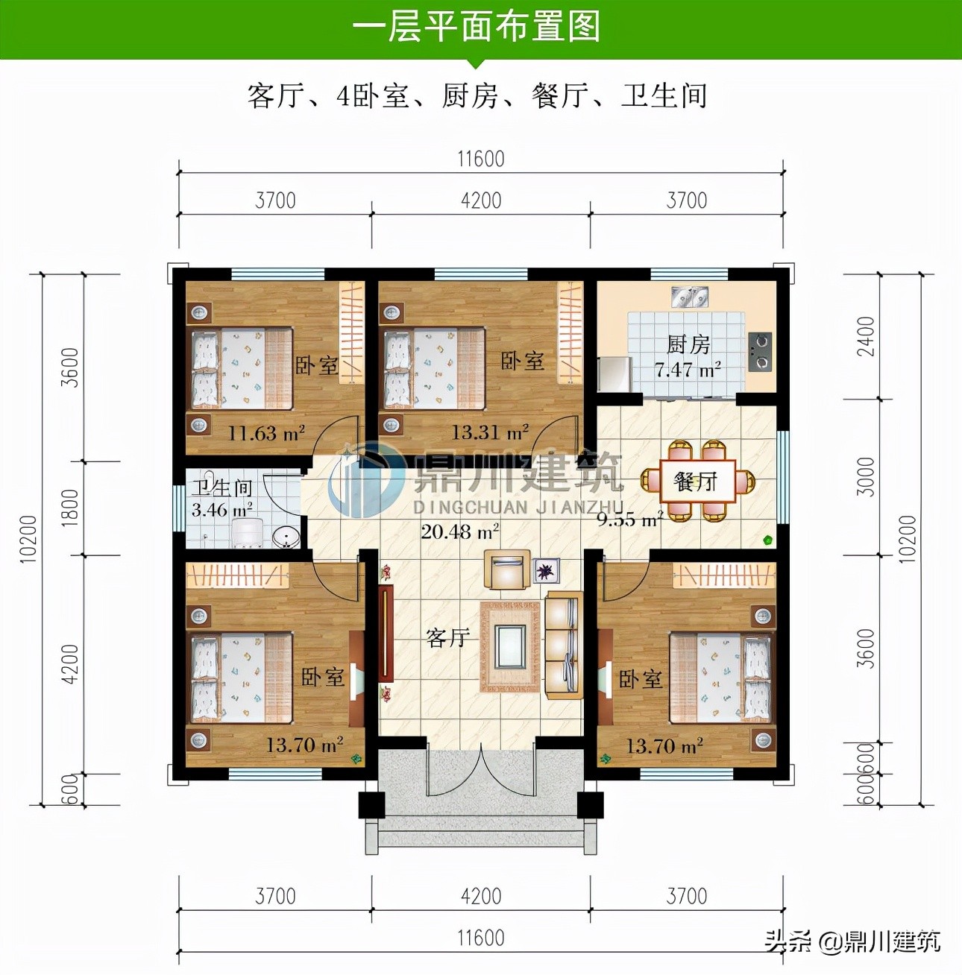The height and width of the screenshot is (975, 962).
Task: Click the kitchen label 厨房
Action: click(x=688, y=344)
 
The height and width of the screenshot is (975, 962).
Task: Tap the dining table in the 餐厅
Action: click(x=697, y=481)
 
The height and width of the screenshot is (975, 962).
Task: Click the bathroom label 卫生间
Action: click(x=222, y=488)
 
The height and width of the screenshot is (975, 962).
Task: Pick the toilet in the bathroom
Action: click(x=245, y=532)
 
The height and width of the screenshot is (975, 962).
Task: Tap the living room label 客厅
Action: click(x=447, y=637)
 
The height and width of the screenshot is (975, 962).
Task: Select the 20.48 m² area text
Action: click(x=459, y=531)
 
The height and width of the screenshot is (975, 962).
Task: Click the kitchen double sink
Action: click(x=690, y=297)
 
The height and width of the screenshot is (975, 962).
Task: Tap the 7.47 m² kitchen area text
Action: click(x=687, y=370)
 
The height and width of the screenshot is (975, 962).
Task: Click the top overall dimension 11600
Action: click(x=481, y=159)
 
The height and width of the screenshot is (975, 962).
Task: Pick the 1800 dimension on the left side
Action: click(x=69, y=508)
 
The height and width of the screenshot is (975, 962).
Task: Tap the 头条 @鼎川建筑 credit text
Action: click(x=852, y=941)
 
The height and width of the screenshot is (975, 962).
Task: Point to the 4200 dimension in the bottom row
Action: click(x=481, y=895)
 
